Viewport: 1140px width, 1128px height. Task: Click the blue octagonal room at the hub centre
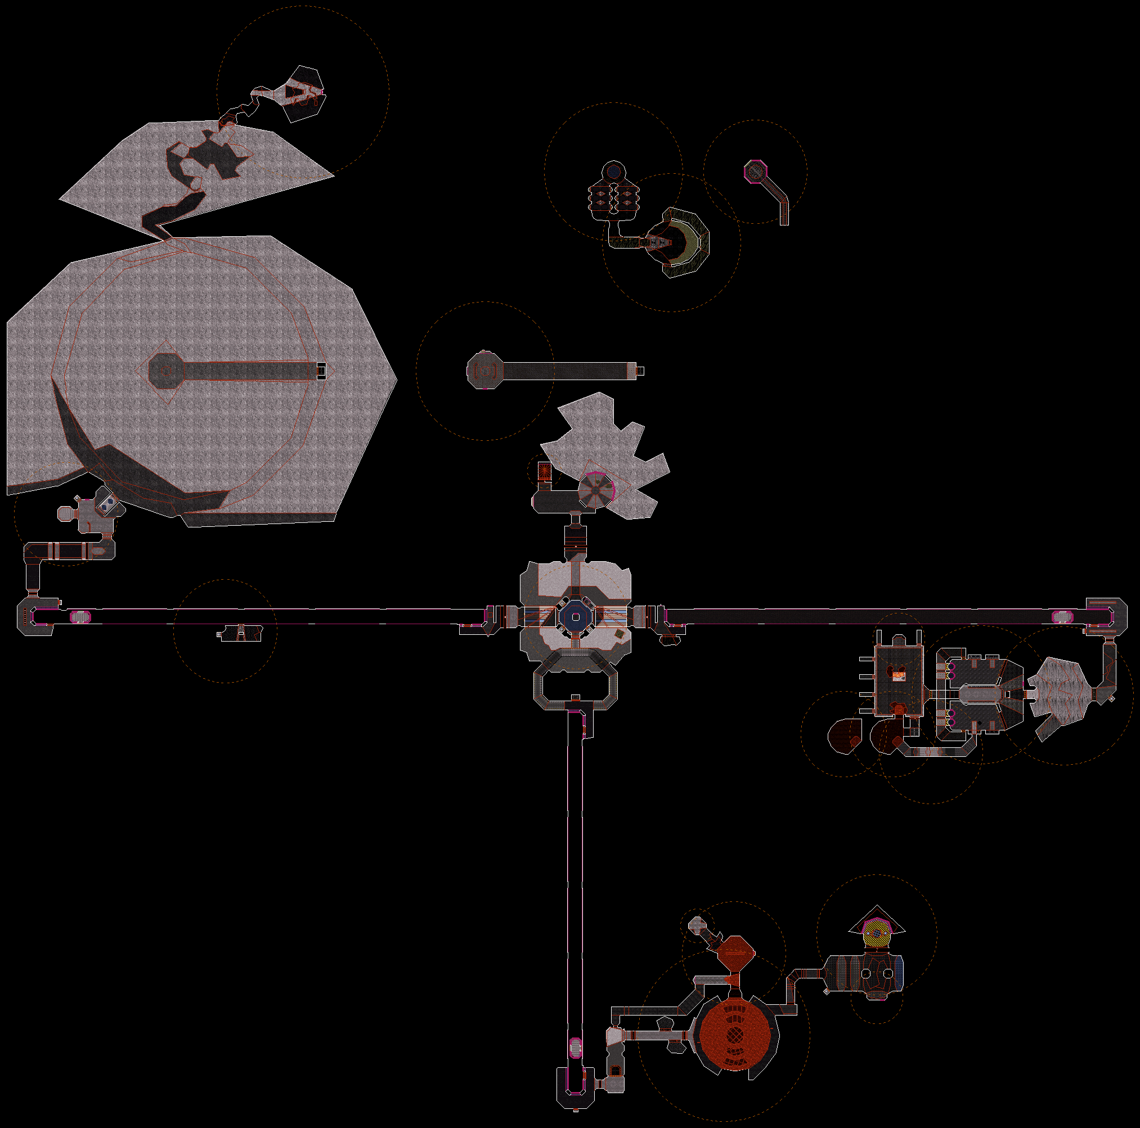click(x=575, y=616)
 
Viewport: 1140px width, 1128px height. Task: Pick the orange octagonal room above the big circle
click(x=735, y=953)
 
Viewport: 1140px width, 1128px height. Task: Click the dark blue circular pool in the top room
click(x=614, y=172)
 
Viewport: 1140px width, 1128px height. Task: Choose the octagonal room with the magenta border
click(x=755, y=172)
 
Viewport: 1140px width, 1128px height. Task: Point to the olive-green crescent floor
click(x=687, y=242)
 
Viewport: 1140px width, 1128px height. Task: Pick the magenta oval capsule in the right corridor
click(x=1060, y=617)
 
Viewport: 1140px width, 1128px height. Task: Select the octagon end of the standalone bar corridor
click(x=484, y=371)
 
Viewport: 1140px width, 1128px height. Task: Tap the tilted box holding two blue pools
click(x=107, y=502)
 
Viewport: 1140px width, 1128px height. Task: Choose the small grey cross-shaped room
click(x=698, y=924)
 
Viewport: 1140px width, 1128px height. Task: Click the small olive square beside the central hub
click(x=620, y=634)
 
